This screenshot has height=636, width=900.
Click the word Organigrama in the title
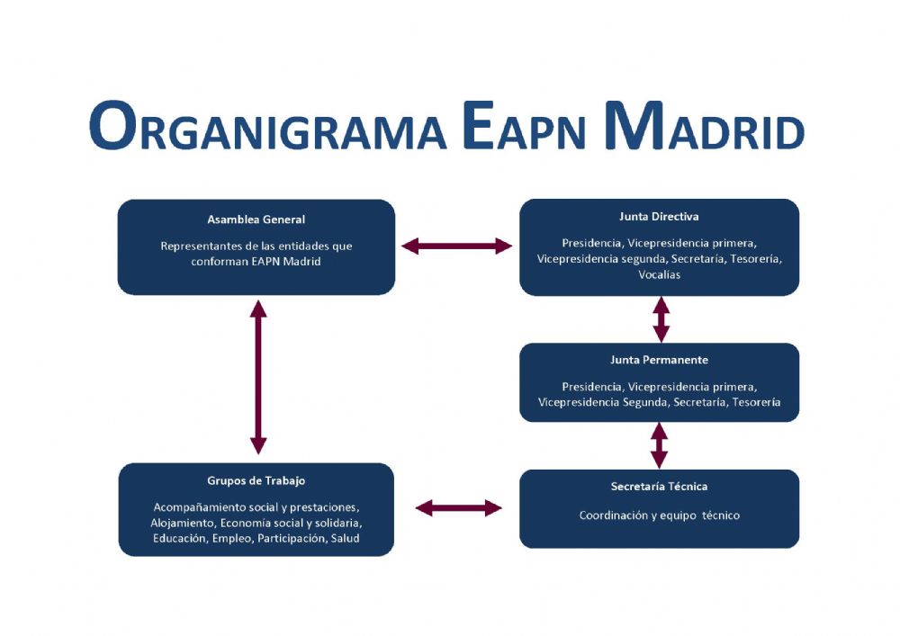(267, 126)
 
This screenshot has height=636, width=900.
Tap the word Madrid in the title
(704, 126)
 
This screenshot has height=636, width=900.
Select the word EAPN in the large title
(524, 126)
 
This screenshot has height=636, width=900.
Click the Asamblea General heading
(256, 219)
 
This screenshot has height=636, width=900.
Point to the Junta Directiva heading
(659, 217)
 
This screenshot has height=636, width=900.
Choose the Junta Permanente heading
(659, 360)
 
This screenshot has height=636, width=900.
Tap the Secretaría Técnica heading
(659, 487)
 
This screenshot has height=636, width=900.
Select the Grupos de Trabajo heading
(256, 480)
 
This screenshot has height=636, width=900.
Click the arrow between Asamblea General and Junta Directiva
(456, 246)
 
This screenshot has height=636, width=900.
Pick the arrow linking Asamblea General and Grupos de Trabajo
(258, 377)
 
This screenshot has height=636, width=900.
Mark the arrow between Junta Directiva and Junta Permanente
(661, 319)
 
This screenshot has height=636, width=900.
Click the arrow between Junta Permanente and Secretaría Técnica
(659, 445)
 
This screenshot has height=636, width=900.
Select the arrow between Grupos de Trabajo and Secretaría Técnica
(458, 508)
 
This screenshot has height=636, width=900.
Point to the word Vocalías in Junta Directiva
(660, 274)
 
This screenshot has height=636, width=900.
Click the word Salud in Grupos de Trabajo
(345, 539)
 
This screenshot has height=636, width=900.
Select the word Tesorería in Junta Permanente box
(757, 403)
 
